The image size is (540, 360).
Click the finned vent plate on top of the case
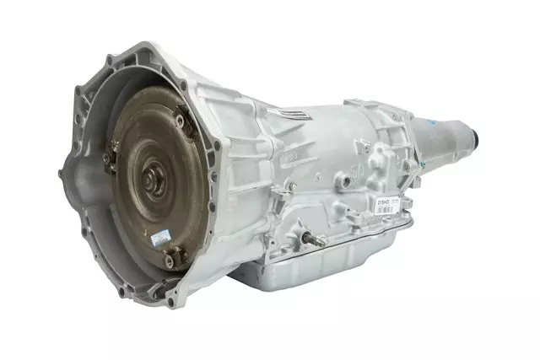pos(295,115)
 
